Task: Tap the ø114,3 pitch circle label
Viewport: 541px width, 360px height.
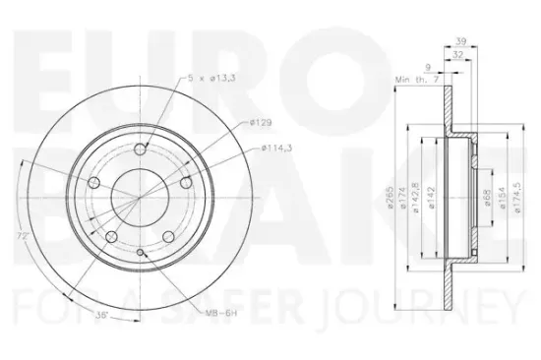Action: click(x=277, y=149)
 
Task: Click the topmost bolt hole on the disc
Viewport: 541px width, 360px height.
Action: click(x=140, y=149)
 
